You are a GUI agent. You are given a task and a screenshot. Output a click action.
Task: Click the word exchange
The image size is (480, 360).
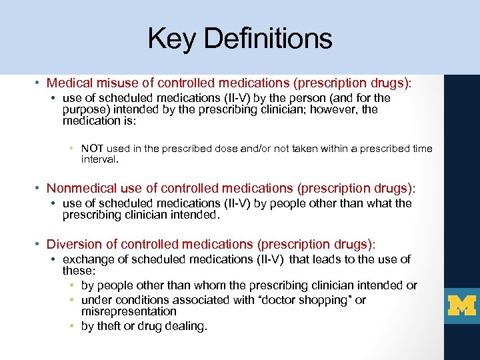point(87,259)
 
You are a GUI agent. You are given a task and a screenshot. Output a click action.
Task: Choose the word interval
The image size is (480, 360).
point(99,160)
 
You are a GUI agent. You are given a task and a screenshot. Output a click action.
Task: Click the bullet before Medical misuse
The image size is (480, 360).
point(39,84)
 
